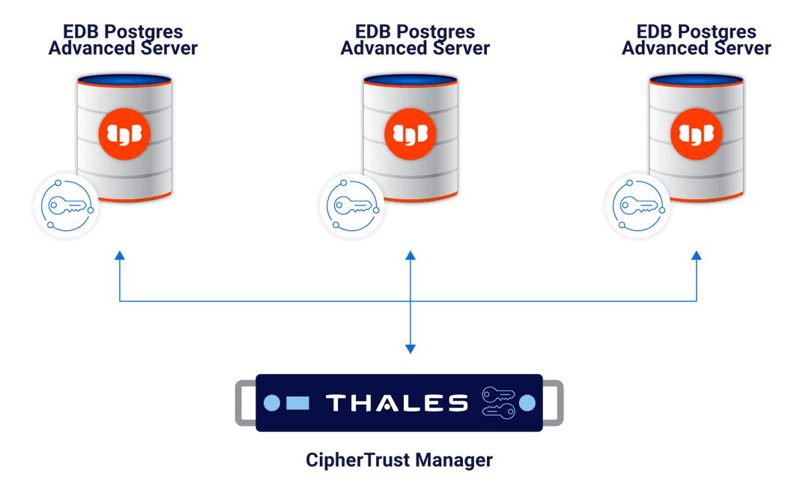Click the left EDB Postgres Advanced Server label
coord(123,40)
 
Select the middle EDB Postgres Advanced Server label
coord(415,40)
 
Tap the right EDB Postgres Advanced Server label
coord(696,40)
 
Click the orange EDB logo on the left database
coord(124,133)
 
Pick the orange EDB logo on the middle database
coord(410,133)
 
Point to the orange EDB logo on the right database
coord(696,133)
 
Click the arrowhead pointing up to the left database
coord(119,256)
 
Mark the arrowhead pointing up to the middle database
coord(410,256)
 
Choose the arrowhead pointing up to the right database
coord(696,256)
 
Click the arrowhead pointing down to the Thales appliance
coord(410,348)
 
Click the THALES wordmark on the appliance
coord(397,403)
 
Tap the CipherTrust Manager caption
coord(399,460)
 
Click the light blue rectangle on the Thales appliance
coord(297,403)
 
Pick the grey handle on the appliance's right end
coord(555,403)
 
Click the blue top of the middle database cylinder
coord(410,79)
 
